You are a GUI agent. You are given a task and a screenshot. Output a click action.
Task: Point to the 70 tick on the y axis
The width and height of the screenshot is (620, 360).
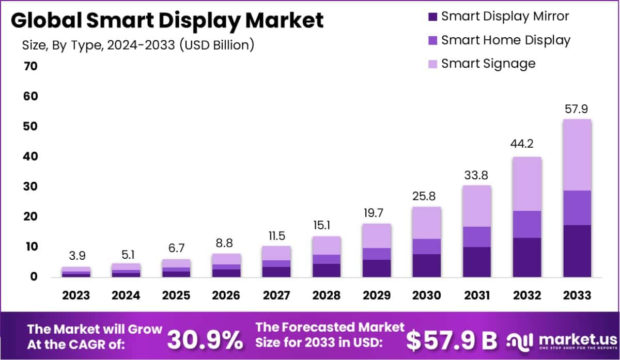pyautogui.click(x=30, y=66)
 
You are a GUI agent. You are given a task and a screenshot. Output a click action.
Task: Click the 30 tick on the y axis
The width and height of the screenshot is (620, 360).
pyautogui.click(x=30, y=186)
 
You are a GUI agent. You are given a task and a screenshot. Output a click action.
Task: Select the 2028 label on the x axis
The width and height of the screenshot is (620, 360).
pyautogui.click(x=326, y=295)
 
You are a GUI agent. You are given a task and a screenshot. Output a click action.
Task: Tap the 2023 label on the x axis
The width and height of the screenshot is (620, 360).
pyautogui.click(x=76, y=295)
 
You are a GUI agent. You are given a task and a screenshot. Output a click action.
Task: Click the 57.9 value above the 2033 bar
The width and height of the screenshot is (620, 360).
pyautogui.click(x=577, y=109)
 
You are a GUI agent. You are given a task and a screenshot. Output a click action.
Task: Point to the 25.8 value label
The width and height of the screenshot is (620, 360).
pyautogui.click(x=427, y=197)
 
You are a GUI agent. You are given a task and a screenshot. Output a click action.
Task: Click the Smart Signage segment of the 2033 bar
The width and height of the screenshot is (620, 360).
pyautogui.click(x=577, y=155)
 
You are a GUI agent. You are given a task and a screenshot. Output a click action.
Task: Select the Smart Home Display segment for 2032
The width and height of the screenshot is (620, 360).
pyautogui.click(x=527, y=224)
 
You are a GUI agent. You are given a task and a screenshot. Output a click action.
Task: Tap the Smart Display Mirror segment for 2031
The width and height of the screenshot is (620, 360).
pyautogui.click(x=477, y=262)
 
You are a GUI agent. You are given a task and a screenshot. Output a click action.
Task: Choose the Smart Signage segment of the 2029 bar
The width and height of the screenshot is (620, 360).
pyautogui.click(x=376, y=236)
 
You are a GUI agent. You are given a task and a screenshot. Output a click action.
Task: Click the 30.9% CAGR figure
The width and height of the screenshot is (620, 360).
pyautogui.click(x=205, y=339)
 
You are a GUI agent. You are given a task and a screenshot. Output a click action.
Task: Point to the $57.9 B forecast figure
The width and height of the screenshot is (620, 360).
pyautogui.click(x=451, y=339)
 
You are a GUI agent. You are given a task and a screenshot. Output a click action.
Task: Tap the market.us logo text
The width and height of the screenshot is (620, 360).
pyautogui.click(x=571, y=338)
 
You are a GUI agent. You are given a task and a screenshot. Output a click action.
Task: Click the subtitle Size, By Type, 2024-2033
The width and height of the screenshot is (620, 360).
pyautogui.click(x=138, y=45)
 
